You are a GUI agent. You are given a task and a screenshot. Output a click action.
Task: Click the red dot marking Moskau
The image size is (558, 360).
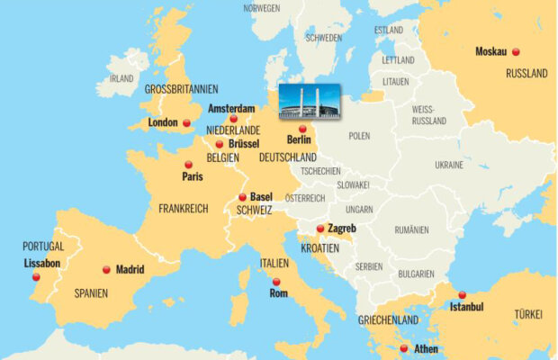516,52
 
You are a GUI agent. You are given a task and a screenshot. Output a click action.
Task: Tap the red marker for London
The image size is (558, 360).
186,122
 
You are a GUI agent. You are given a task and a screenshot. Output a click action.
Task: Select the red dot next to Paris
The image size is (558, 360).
188,165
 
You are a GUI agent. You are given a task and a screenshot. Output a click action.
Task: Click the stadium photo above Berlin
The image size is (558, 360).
310,102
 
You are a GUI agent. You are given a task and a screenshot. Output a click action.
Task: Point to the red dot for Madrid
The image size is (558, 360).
106,269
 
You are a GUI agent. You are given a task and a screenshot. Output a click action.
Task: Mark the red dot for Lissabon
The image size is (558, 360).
36,276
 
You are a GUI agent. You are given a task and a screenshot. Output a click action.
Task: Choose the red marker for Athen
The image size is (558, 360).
403,347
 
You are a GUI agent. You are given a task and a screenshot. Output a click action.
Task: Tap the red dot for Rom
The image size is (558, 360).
275,282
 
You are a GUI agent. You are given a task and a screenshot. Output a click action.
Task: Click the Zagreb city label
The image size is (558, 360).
342,229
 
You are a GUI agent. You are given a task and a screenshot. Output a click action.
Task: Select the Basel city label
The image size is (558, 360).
261,197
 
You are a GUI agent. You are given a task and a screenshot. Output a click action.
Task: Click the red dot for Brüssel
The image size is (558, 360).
220,144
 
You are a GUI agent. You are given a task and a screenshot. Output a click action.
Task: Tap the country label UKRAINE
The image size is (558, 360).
449,165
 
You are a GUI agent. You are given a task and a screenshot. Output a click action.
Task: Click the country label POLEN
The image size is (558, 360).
359,136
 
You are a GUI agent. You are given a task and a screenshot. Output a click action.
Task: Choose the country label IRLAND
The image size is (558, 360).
121,78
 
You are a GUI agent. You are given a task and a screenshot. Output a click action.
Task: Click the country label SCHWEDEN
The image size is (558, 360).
323,38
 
